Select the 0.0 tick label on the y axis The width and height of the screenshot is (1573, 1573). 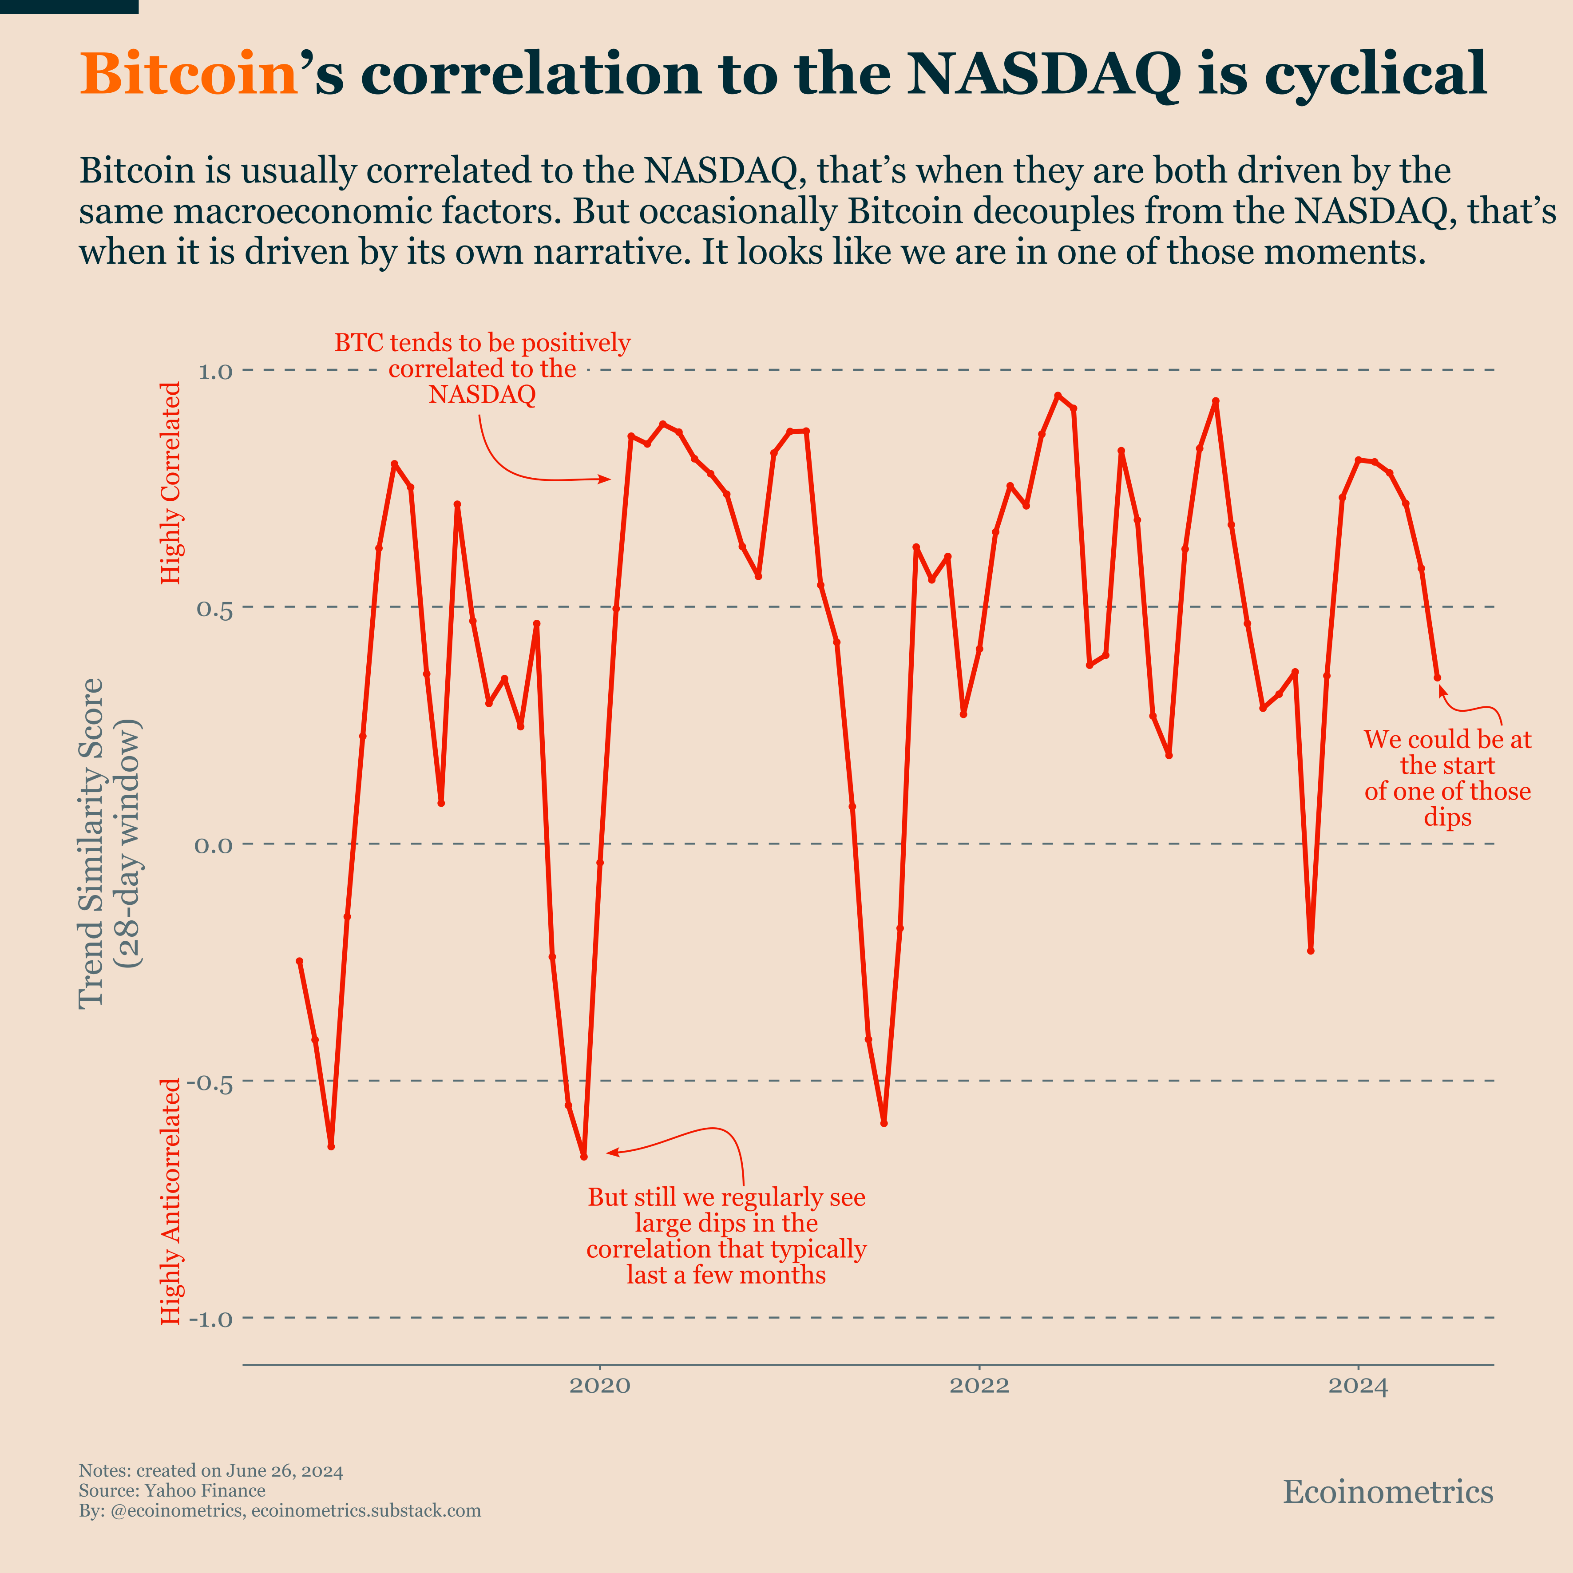(213, 845)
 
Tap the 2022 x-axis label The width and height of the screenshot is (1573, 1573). (979, 1386)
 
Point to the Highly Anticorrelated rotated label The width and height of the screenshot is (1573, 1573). (171, 1201)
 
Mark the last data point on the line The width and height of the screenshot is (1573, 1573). (1437, 678)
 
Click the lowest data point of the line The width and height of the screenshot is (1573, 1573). (584, 1156)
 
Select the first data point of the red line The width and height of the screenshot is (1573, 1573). (300, 961)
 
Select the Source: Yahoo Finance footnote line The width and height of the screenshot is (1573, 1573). (172, 1491)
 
